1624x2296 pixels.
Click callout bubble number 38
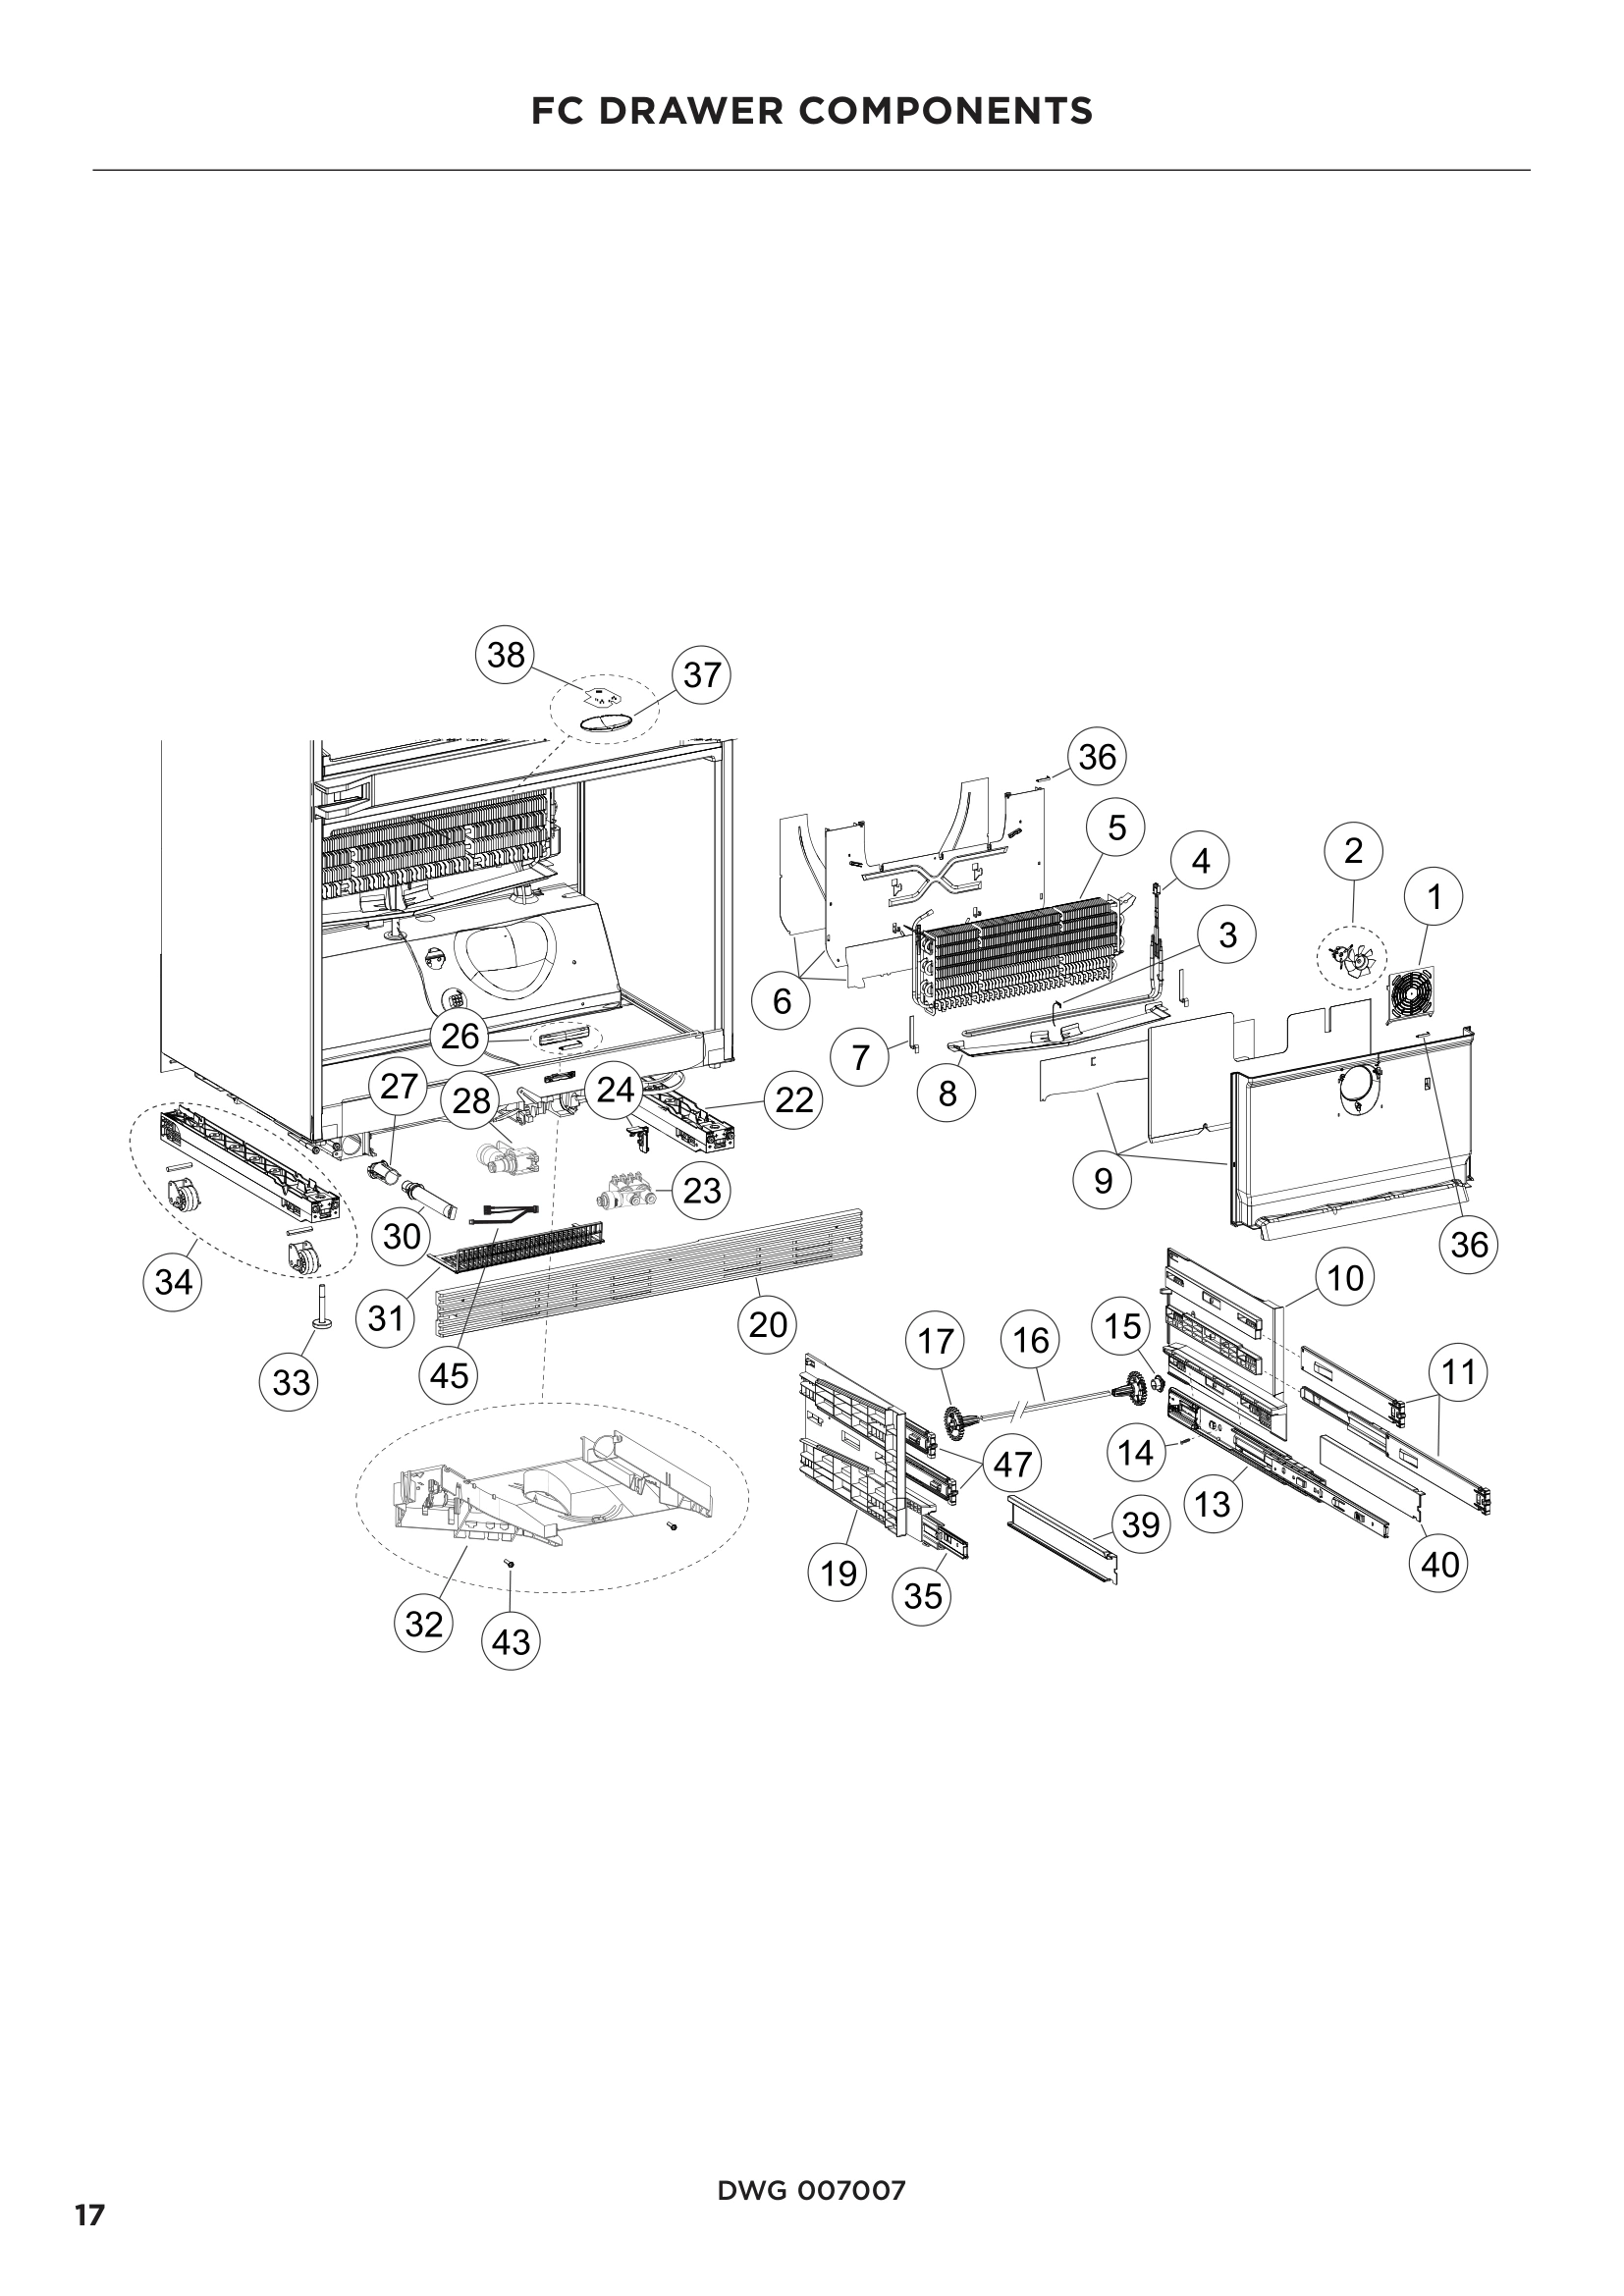[x=506, y=655]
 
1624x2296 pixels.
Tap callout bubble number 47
[x=1012, y=1464]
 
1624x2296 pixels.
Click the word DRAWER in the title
[x=714, y=111]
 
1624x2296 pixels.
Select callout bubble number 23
[x=702, y=1190]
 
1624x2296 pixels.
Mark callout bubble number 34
[x=173, y=1281]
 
